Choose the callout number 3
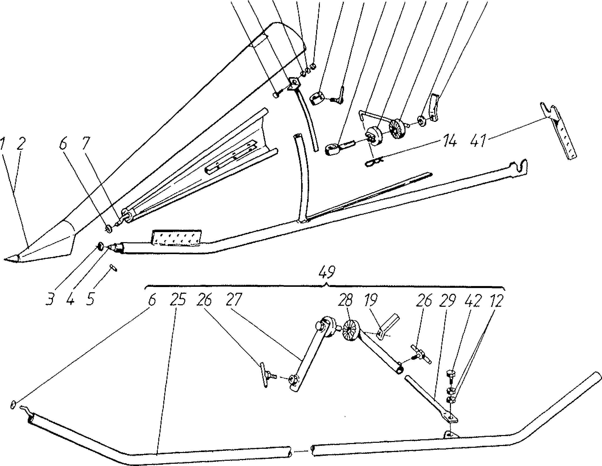(x=50, y=299)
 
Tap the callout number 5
(x=90, y=299)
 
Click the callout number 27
(x=233, y=299)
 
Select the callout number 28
(x=345, y=300)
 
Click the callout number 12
(x=496, y=301)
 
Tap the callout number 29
(x=448, y=301)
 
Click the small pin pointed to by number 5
(x=113, y=268)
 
